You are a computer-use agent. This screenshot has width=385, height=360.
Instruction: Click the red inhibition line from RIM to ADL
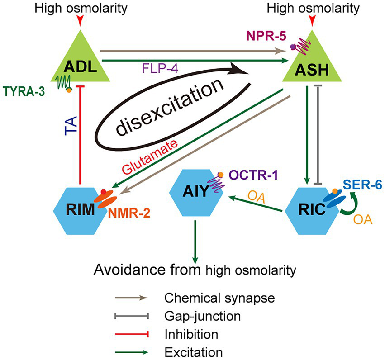tap(80, 136)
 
